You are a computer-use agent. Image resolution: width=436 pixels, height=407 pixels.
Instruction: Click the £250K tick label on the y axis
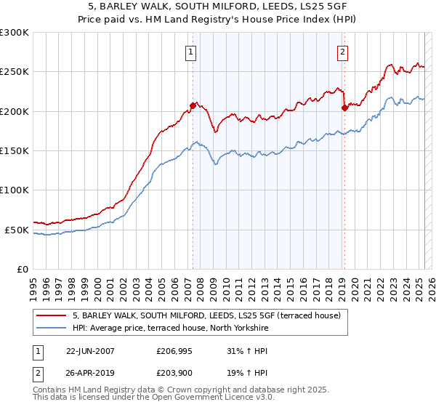tap(15, 72)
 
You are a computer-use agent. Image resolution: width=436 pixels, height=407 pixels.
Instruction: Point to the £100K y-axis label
tap(15, 190)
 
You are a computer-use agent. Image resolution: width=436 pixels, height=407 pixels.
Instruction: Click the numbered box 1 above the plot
tap(190, 52)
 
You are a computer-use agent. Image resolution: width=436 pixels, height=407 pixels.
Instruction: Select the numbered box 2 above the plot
tap(342, 52)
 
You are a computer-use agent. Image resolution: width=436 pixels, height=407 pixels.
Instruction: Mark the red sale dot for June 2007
tap(193, 105)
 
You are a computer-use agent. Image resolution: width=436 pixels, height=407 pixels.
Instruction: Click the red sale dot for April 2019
tap(344, 108)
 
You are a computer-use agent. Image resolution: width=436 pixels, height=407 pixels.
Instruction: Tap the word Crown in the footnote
tap(192, 391)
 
